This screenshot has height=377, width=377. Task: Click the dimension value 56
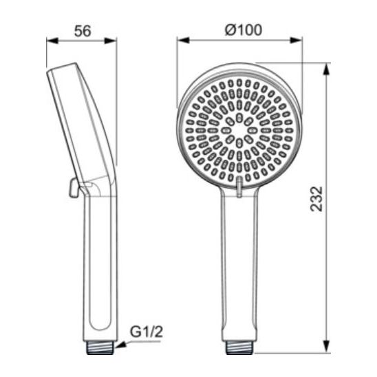83,31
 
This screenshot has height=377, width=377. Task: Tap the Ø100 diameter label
244,30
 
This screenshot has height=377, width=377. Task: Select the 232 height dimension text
316,199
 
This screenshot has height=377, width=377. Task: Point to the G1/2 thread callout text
147,332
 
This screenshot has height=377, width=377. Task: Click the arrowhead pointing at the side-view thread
120,345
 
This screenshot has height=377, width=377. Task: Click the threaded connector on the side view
100,347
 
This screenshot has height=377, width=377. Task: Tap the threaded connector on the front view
239,347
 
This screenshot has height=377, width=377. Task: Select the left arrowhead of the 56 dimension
52,41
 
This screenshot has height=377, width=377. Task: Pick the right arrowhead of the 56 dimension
111,41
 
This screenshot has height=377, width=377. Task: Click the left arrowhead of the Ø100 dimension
183,40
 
